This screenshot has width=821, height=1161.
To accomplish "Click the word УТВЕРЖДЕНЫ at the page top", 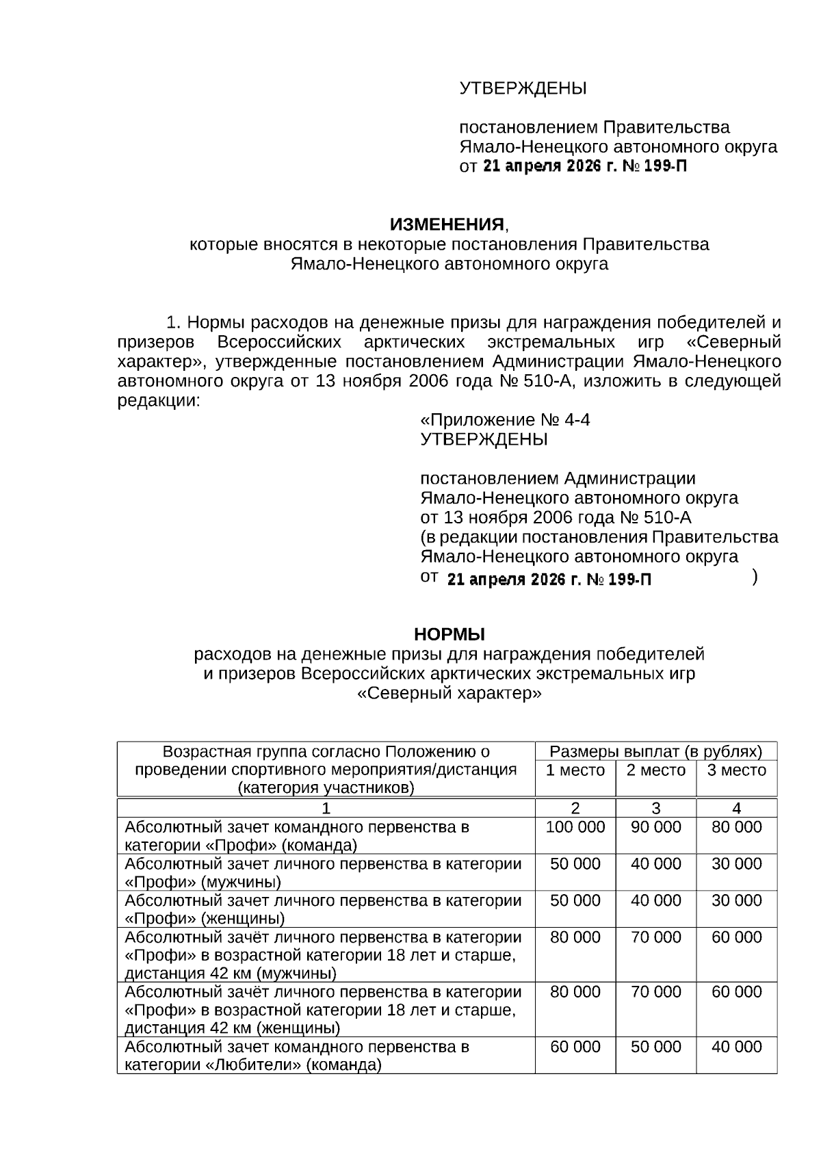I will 523,88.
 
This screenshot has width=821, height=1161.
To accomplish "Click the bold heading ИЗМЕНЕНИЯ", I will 447,224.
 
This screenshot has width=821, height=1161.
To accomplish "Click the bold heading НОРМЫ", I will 449,634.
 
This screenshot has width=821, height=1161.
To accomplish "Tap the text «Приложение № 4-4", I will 505,419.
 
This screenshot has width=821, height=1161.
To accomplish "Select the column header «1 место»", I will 575,770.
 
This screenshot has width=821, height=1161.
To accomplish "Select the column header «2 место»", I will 655,770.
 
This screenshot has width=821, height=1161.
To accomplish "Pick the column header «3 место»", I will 736,770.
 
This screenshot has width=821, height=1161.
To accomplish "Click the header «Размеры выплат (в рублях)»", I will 655,752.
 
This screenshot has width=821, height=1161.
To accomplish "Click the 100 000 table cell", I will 575,827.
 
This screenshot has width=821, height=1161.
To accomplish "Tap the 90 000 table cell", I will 655,827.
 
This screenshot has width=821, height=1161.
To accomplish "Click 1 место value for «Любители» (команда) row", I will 575,1047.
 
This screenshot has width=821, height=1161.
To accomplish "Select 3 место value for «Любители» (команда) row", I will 736,1047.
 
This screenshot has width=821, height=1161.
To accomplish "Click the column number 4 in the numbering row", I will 736,808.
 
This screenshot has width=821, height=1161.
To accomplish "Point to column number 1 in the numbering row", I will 326,808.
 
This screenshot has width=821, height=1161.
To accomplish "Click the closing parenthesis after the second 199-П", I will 754,577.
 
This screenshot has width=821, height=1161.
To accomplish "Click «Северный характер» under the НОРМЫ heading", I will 449,693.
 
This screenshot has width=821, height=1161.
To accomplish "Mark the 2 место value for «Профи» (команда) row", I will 655,827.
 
